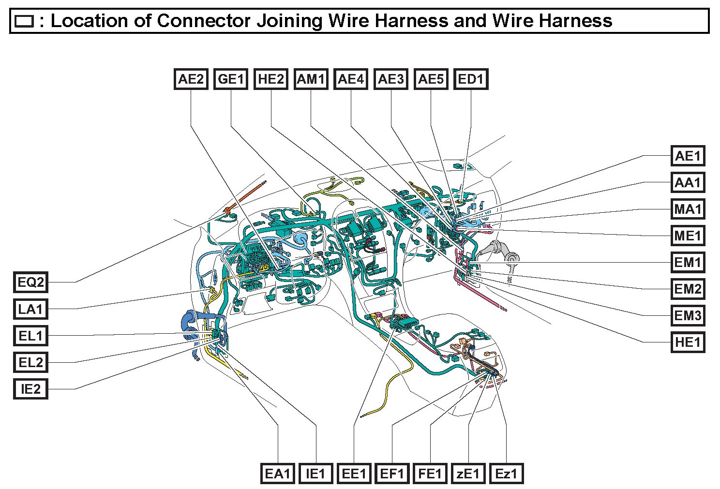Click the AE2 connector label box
(x=191, y=79)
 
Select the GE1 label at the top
(x=231, y=79)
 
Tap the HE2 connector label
(x=271, y=79)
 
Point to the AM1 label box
(x=311, y=79)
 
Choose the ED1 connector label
(x=471, y=79)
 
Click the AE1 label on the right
(x=688, y=156)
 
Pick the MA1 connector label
(x=688, y=209)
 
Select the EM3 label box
(x=688, y=316)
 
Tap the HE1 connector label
(x=688, y=342)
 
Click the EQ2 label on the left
(x=30, y=282)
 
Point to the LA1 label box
(x=30, y=309)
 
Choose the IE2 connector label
(x=30, y=389)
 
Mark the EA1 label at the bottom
(x=278, y=474)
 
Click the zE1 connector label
(x=468, y=474)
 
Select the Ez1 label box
(x=506, y=474)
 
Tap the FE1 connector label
(x=430, y=474)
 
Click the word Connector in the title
(x=204, y=21)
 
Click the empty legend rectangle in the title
(x=24, y=21)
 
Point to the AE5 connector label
(x=431, y=79)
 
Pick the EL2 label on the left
(x=30, y=362)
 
